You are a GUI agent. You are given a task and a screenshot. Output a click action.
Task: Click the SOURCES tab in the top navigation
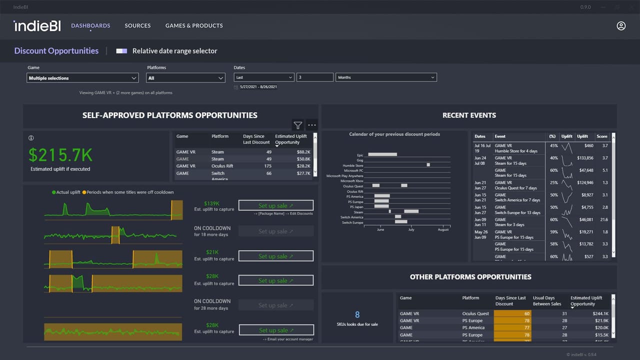pos(137,25)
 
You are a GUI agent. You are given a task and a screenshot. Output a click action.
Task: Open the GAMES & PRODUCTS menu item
pos(194,25)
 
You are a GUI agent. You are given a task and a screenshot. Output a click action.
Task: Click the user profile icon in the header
pos(621,25)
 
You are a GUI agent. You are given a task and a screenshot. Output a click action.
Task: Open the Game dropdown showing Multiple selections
pos(82,78)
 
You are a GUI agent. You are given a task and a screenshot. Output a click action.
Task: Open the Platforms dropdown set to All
pos(185,78)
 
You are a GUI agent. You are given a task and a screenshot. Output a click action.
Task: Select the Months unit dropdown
pos(386,77)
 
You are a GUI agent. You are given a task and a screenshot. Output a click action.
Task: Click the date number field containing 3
pos(314,77)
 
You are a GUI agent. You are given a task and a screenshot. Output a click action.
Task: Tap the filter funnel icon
pos(298,125)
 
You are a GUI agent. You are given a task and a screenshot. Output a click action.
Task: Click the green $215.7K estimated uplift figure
pos(60,155)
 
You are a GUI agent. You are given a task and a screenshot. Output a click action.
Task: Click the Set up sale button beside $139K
pos(276,205)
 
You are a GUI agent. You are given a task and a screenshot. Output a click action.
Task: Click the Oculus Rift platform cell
pos(222,166)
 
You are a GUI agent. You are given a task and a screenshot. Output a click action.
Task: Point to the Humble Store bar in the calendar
pos(428,164)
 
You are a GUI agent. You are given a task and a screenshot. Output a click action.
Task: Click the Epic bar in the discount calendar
pos(382,154)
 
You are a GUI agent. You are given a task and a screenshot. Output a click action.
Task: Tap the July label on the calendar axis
pos(411,229)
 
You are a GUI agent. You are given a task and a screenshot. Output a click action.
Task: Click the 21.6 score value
pos(603,219)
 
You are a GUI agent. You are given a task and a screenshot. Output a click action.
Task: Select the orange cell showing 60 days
pos(512,313)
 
